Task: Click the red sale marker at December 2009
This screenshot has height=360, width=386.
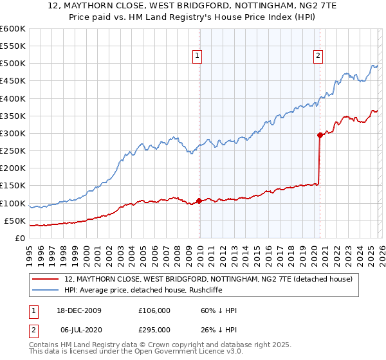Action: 199,201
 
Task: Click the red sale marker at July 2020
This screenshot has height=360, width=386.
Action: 319,135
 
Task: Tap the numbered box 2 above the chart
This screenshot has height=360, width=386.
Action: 318,56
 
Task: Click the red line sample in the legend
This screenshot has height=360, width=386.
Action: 46,279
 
